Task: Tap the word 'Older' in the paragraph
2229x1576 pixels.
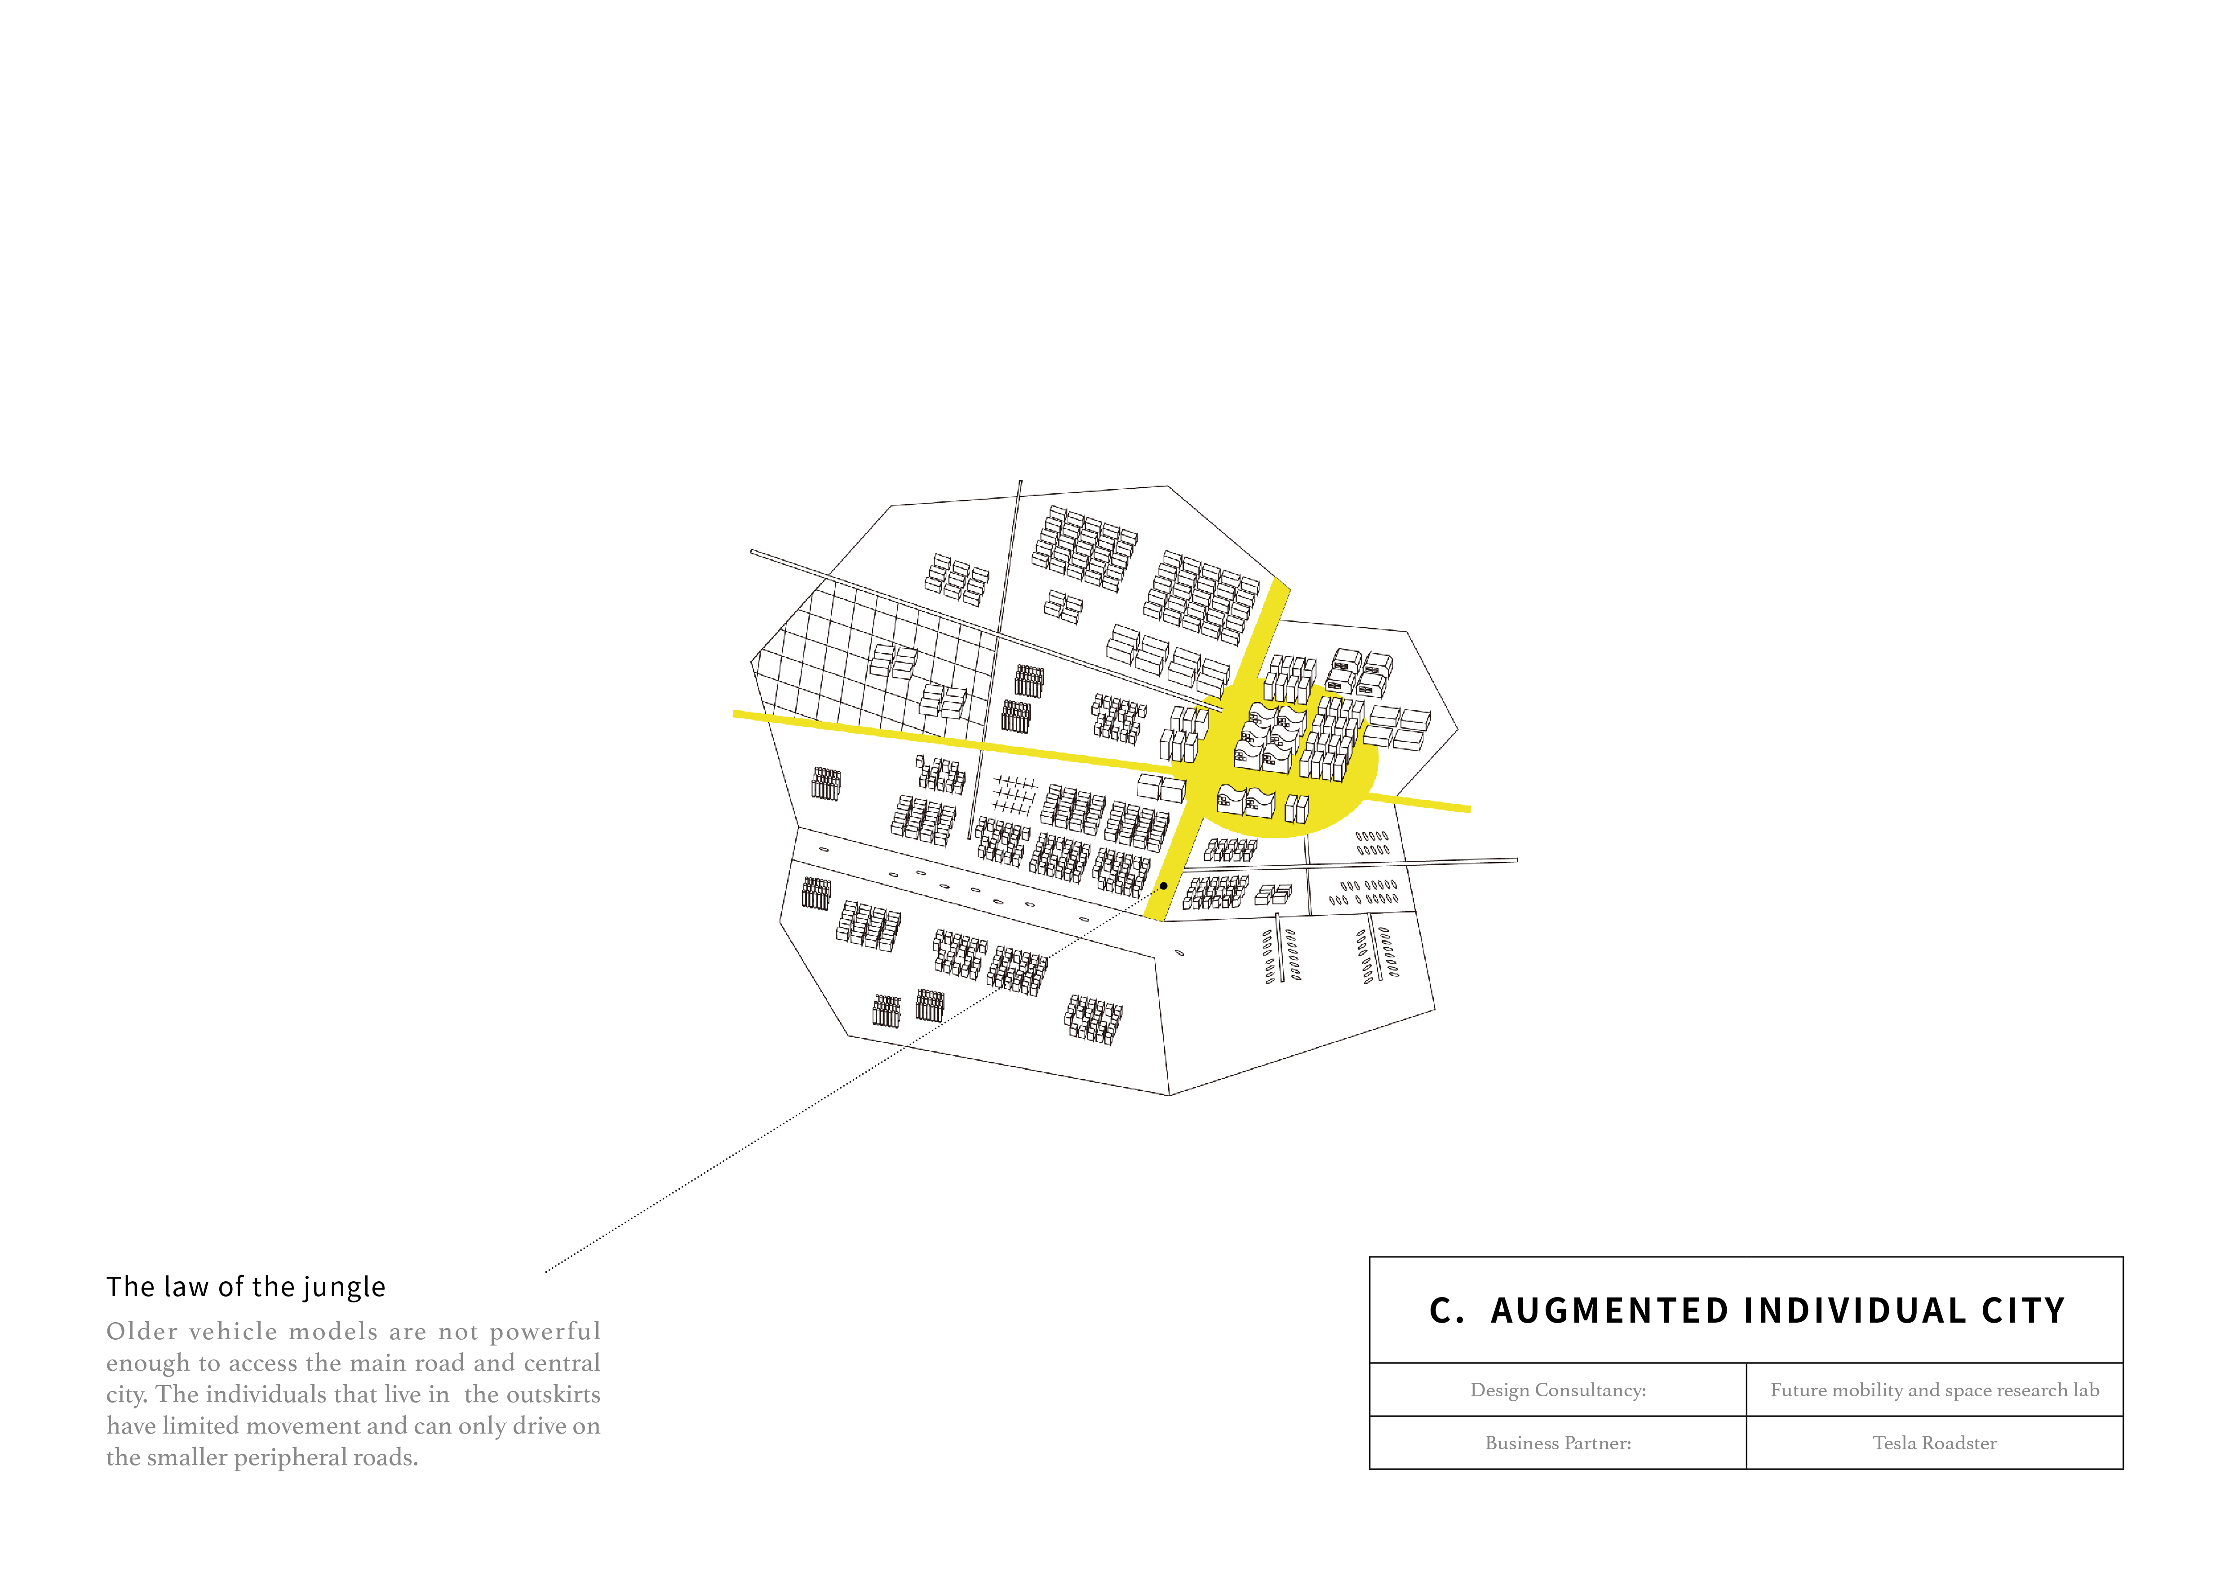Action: tap(142, 1332)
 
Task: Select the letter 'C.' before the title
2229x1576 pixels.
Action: tap(1446, 1311)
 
